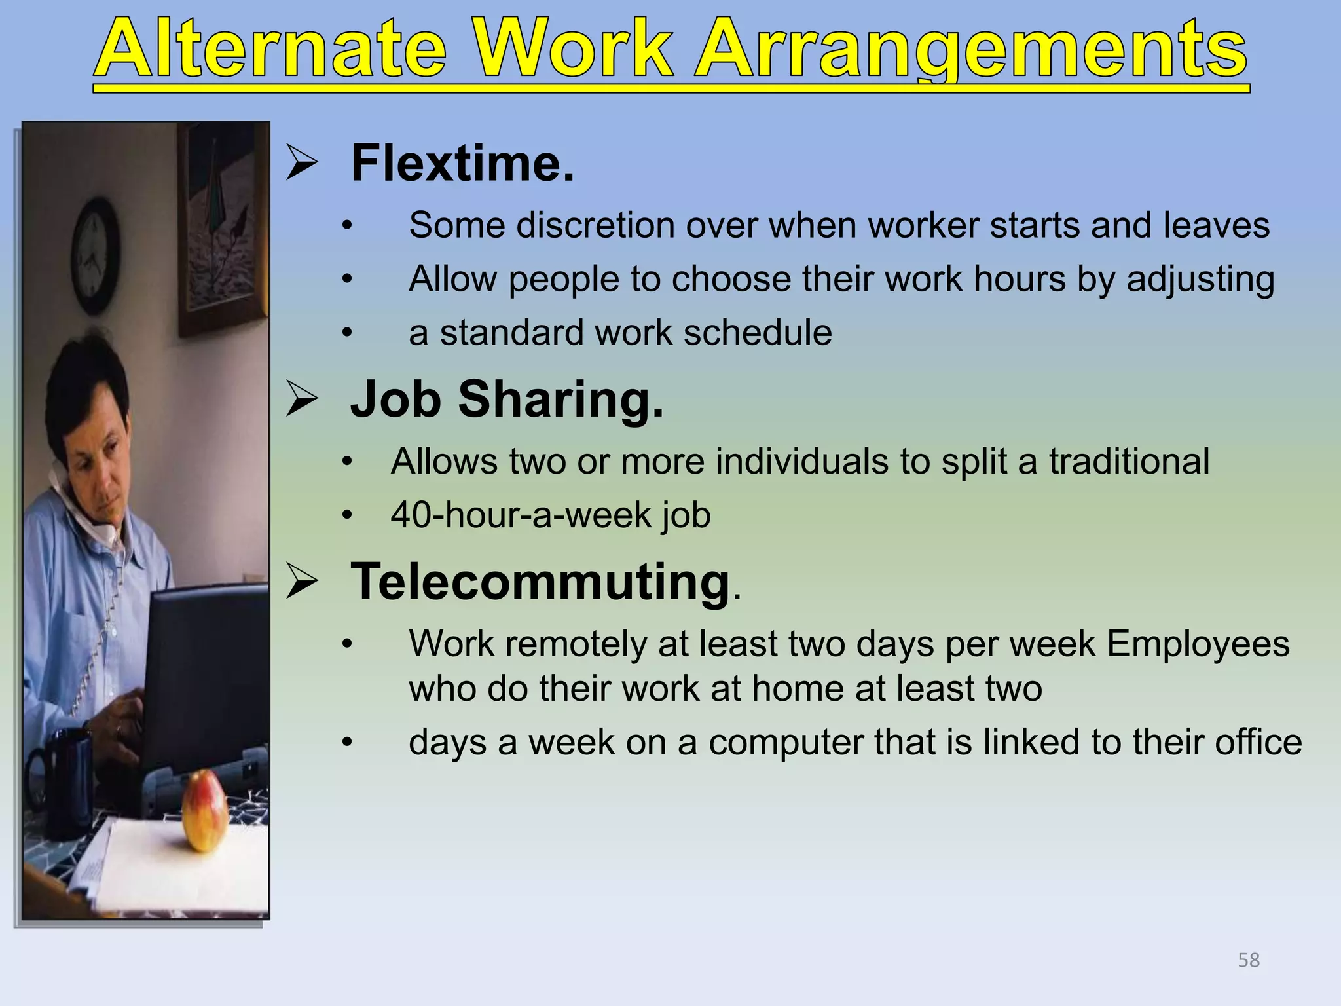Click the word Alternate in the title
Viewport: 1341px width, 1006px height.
coord(272,49)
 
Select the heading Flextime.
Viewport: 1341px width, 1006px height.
coord(462,163)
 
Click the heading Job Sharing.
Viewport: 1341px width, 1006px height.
coord(507,399)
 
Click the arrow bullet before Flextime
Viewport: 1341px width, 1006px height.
coord(302,164)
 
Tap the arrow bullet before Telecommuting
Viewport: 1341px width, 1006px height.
coord(302,582)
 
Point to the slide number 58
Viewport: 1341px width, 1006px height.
coord(1248,960)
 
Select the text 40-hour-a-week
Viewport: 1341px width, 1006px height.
coord(521,515)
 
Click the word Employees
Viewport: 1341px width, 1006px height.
coord(1198,643)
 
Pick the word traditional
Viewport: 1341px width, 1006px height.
coord(1129,461)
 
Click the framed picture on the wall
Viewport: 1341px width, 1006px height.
coord(223,229)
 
